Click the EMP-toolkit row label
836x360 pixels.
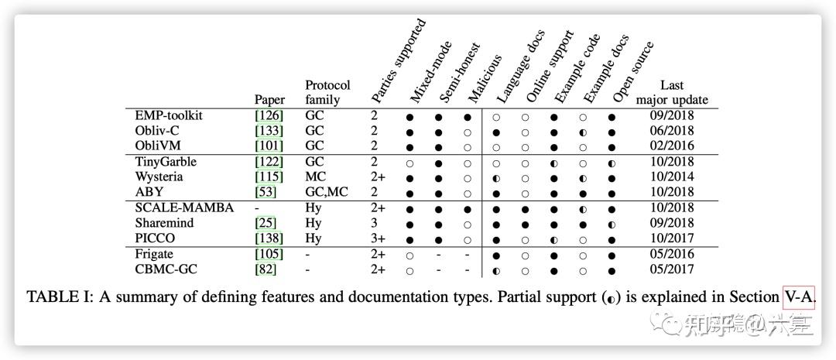(x=169, y=115)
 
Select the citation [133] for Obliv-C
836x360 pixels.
(x=269, y=131)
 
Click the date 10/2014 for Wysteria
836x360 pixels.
(x=671, y=177)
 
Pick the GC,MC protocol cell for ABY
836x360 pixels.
(x=327, y=192)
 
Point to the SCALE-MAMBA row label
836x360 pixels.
(x=184, y=207)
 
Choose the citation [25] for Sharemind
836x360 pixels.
(x=266, y=223)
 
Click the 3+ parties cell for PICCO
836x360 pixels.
(x=379, y=238)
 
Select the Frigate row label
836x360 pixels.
(x=154, y=254)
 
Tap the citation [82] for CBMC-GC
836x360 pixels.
(x=266, y=269)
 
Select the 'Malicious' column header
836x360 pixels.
(x=485, y=78)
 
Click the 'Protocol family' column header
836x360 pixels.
(x=327, y=92)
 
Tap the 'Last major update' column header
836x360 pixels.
(x=672, y=92)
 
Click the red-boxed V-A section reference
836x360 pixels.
(x=799, y=297)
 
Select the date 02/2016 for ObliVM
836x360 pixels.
(x=671, y=146)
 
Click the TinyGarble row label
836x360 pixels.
(x=166, y=162)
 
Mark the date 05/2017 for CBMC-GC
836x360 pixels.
(x=671, y=269)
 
